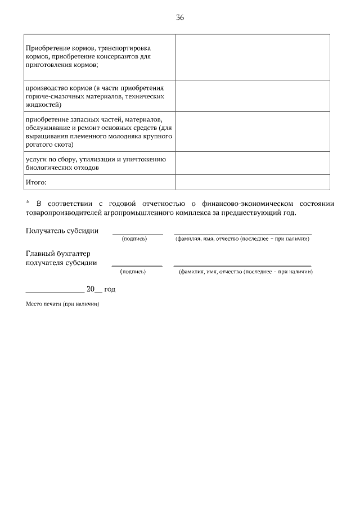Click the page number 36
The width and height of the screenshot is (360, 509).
pos(180,17)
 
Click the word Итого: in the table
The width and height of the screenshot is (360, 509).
pos(36,182)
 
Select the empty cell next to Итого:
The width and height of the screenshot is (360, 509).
pos(253,182)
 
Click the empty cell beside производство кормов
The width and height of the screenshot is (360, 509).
pos(253,96)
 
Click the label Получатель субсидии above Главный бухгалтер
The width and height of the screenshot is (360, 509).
pos(62,231)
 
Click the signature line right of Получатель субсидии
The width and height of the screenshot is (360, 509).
pos(138,233)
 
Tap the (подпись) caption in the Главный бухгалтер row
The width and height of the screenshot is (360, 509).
pos(133,272)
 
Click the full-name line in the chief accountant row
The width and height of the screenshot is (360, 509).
pos(242,265)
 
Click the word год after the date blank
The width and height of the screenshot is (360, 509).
pos(110,289)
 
